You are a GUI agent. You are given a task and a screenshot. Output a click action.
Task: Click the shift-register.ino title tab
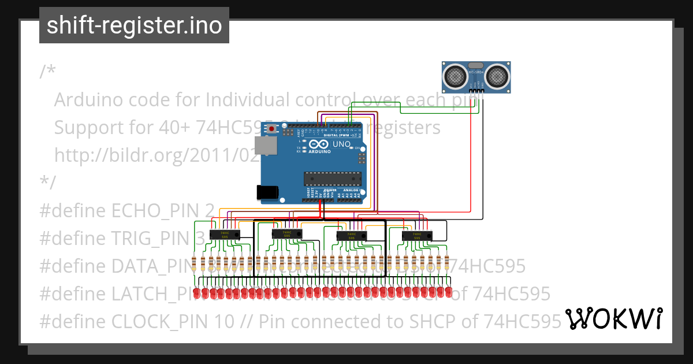click(x=134, y=25)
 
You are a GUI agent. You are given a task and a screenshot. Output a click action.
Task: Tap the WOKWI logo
click(x=613, y=318)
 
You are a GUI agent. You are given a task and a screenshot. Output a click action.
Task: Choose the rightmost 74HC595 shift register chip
click(x=416, y=236)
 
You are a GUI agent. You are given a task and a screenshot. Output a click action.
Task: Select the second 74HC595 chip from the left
click(x=286, y=233)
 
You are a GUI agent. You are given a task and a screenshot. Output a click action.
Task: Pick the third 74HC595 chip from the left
click(x=351, y=236)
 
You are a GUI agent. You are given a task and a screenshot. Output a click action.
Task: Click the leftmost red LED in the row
click(x=197, y=293)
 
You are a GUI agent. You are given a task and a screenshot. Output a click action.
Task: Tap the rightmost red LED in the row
click(x=448, y=293)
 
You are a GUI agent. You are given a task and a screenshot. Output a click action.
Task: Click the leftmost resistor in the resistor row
click(x=195, y=263)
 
